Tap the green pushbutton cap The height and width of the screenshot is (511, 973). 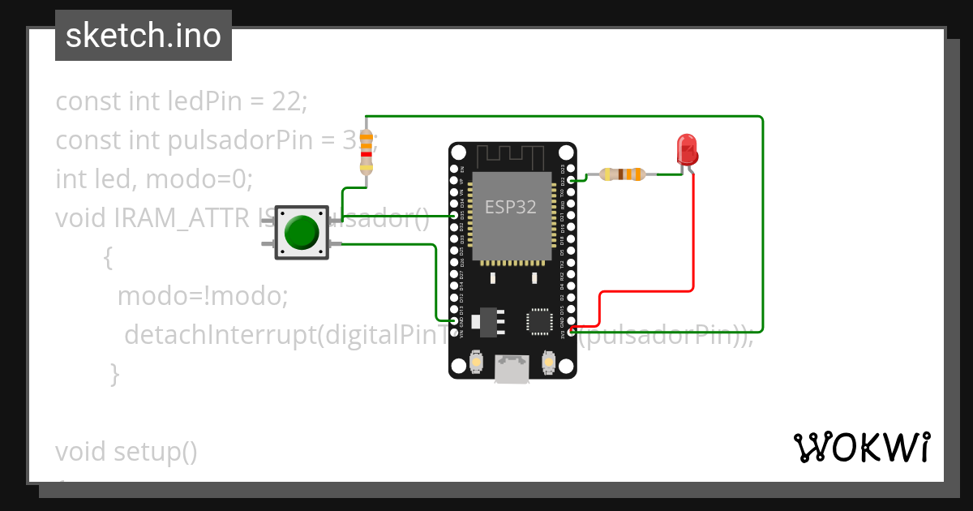(x=302, y=232)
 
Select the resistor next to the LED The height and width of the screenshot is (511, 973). (x=622, y=174)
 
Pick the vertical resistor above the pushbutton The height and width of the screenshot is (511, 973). (x=366, y=152)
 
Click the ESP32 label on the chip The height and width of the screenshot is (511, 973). (x=511, y=207)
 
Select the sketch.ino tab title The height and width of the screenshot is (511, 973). (x=144, y=36)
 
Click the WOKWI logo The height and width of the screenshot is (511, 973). (x=860, y=447)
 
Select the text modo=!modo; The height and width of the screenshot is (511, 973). (x=203, y=296)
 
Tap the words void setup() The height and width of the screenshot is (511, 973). (x=126, y=452)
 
